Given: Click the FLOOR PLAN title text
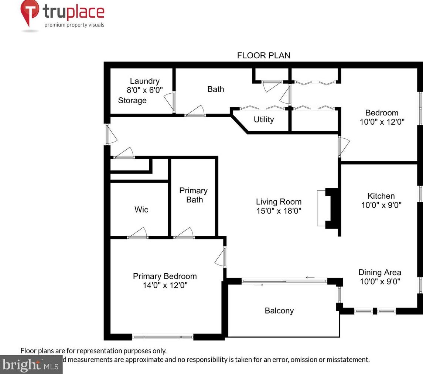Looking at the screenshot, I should pyautogui.click(x=263, y=55).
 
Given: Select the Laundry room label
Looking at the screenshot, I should pyautogui.click(x=144, y=81).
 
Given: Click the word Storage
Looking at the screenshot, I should pyautogui.click(x=132, y=100).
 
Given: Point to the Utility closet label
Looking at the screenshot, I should pyautogui.click(x=264, y=119).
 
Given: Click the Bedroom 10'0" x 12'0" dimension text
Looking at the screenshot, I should pyautogui.click(x=382, y=122).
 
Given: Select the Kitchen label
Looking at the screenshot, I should pyautogui.click(x=381, y=196).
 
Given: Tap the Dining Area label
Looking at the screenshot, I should pyautogui.click(x=380, y=272).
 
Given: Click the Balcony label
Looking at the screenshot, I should pyautogui.click(x=279, y=311).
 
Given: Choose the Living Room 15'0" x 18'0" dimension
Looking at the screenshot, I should pyautogui.click(x=279, y=211).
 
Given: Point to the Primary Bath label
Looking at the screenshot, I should pyautogui.click(x=194, y=195).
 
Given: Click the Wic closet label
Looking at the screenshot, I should pyautogui.click(x=141, y=209).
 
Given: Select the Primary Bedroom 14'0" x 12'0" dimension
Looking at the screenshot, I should pyautogui.click(x=165, y=285).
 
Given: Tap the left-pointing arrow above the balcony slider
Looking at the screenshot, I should pyautogui.click(x=310, y=277).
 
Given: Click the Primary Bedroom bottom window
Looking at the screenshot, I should pyautogui.click(x=163, y=337).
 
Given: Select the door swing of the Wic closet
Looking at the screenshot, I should pyautogui.click(x=137, y=233).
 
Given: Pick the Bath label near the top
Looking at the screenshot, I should pyautogui.click(x=215, y=89).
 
